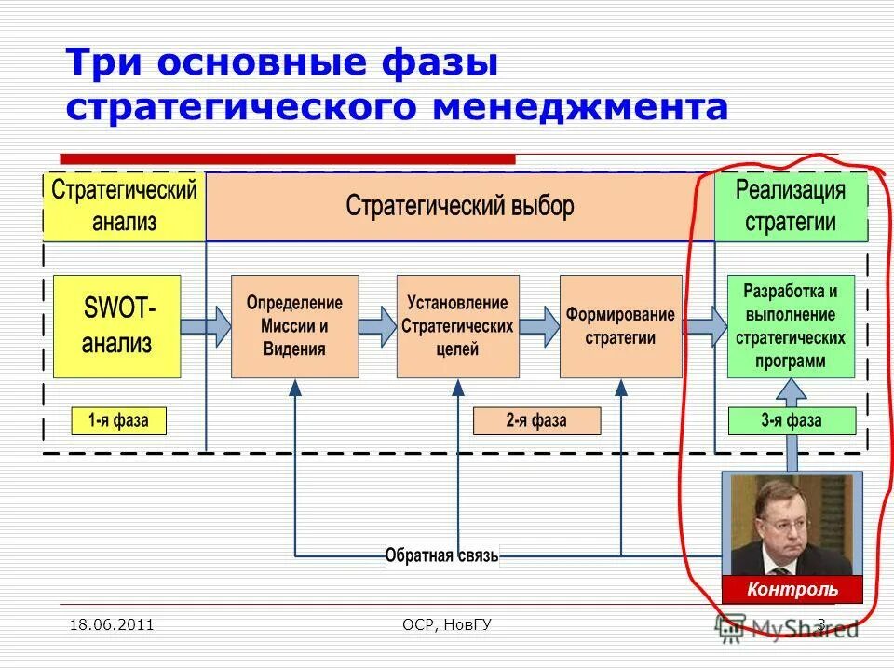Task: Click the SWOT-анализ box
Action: [117, 326]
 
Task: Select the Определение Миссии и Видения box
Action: [294, 326]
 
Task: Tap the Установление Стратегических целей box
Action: [457, 326]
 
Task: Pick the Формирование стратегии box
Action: [620, 326]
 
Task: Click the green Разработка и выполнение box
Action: [790, 326]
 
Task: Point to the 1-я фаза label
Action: [118, 420]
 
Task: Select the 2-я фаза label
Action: [536, 420]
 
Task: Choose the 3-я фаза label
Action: [791, 420]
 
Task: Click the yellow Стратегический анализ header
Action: [124, 206]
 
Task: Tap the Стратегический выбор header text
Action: [460, 205]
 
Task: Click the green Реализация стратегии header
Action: [791, 206]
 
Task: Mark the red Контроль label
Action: [792, 589]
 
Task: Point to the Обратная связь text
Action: [442, 556]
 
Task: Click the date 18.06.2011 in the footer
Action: [112, 624]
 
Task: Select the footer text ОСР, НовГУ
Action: [441, 624]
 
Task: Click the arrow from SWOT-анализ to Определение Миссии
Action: [206, 326]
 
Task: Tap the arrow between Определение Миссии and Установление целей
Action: [377, 326]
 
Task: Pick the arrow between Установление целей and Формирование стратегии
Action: [539, 326]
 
